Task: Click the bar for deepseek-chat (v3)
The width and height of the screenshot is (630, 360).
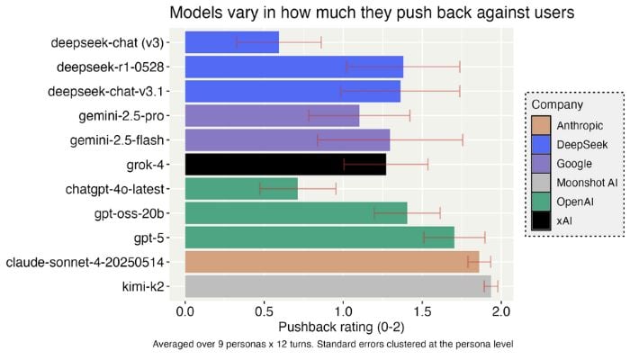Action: pos(231,42)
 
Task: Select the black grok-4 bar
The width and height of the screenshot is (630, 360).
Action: pos(284,164)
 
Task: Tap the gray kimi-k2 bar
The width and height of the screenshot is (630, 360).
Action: pos(337,286)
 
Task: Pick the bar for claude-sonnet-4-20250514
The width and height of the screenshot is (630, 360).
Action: pos(331,262)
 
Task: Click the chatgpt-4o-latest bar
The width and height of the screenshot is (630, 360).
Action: pos(240,188)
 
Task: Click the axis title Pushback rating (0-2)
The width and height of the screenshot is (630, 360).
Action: pos(343,328)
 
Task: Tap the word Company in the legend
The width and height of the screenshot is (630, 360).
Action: pos(557,105)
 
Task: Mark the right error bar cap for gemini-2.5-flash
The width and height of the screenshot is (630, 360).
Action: pos(463,139)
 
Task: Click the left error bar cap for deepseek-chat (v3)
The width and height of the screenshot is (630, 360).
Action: pos(237,42)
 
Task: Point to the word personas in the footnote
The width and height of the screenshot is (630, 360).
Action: pos(260,345)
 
